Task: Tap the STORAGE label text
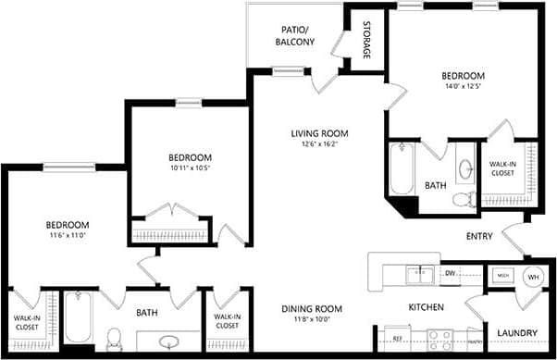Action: [x=366, y=40]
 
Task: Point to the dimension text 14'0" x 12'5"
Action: [x=463, y=87]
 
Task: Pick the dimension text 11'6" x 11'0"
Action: [x=68, y=236]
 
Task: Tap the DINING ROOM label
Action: [x=313, y=308]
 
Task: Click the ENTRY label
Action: [x=479, y=236]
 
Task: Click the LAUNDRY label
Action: [x=517, y=332]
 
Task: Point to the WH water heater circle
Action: [x=533, y=276]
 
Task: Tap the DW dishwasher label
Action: [x=451, y=273]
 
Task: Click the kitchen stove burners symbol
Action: [x=437, y=339]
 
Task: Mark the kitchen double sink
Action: [x=420, y=273]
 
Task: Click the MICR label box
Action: [x=502, y=276]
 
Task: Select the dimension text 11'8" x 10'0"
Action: [x=313, y=319]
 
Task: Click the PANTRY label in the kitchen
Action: [x=475, y=341]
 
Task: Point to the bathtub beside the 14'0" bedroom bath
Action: [x=401, y=170]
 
